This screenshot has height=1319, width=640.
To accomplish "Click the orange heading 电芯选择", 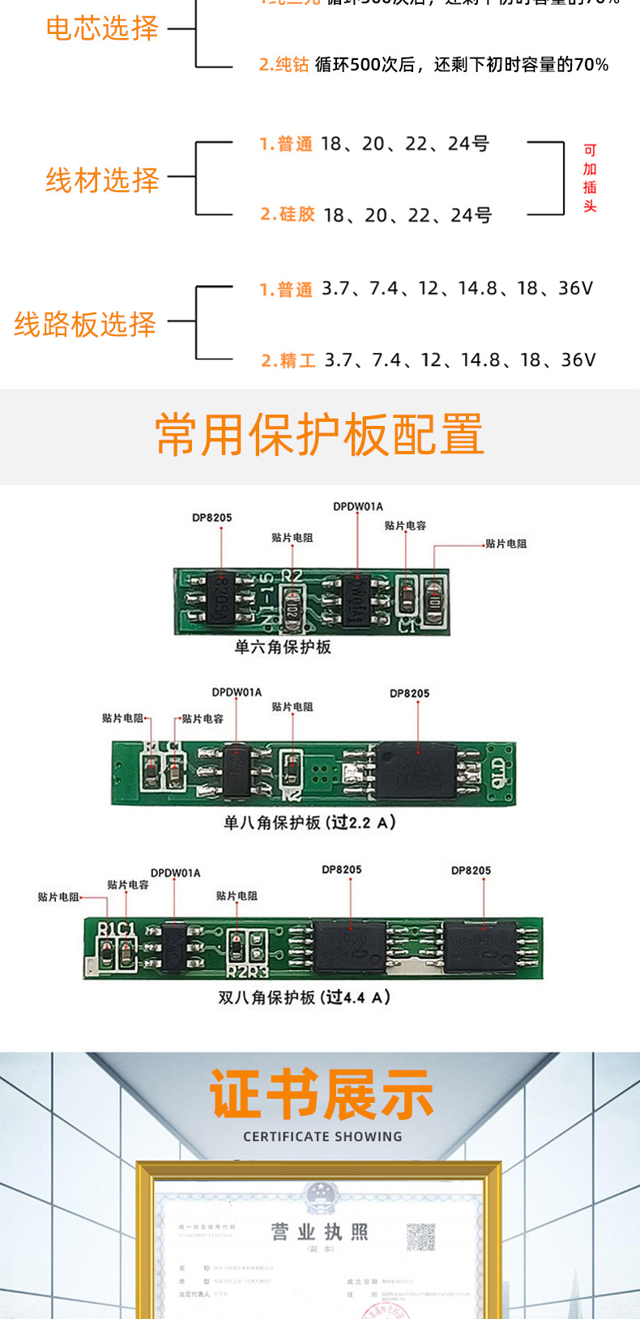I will (102, 29).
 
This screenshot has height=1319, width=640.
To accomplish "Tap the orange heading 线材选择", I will (102, 180).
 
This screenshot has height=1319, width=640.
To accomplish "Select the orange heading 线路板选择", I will (85, 324).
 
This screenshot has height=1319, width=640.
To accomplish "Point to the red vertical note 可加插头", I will (590, 178).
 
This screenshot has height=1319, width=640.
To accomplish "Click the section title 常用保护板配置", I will (319, 435).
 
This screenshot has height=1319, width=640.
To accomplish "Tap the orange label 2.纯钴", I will (284, 65).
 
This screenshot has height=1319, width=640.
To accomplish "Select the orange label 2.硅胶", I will (288, 215).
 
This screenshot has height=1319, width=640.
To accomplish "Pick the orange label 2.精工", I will (288, 360).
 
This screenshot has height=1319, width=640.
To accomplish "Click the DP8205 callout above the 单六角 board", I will (212, 518).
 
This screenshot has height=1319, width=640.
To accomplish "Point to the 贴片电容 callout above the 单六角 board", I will (405, 526).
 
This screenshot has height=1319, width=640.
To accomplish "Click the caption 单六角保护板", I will (283, 647).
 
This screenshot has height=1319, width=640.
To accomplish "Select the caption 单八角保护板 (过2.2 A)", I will (309, 823).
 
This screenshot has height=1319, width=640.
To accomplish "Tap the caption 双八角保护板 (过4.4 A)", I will (305, 998).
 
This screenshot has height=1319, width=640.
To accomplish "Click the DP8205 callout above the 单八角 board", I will (410, 694).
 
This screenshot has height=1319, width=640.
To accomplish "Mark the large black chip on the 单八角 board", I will (415, 771).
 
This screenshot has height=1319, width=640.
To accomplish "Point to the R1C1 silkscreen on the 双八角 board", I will (116, 929).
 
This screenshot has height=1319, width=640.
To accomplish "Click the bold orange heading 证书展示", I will (322, 1095).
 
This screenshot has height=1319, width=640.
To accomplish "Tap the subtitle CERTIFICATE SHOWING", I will (322, 1137).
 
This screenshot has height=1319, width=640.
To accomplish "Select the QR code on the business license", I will (420, 1236).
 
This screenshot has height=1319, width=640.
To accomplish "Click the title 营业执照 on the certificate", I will (319, 1232).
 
